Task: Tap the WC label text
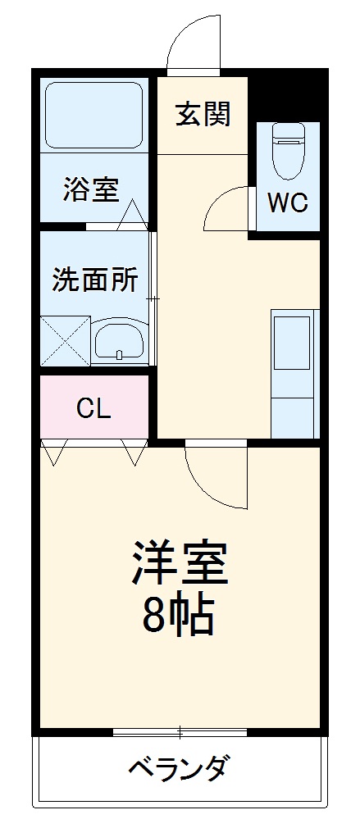[288, 202]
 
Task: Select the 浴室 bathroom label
[92, 189]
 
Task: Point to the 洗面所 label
[95, 280]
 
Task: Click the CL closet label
[93, 408]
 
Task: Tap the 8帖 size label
[179, 615]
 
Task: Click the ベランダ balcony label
[179, 769]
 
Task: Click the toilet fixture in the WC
[288, 151]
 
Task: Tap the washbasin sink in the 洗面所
[120, 339]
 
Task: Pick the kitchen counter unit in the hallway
[293, 373]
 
